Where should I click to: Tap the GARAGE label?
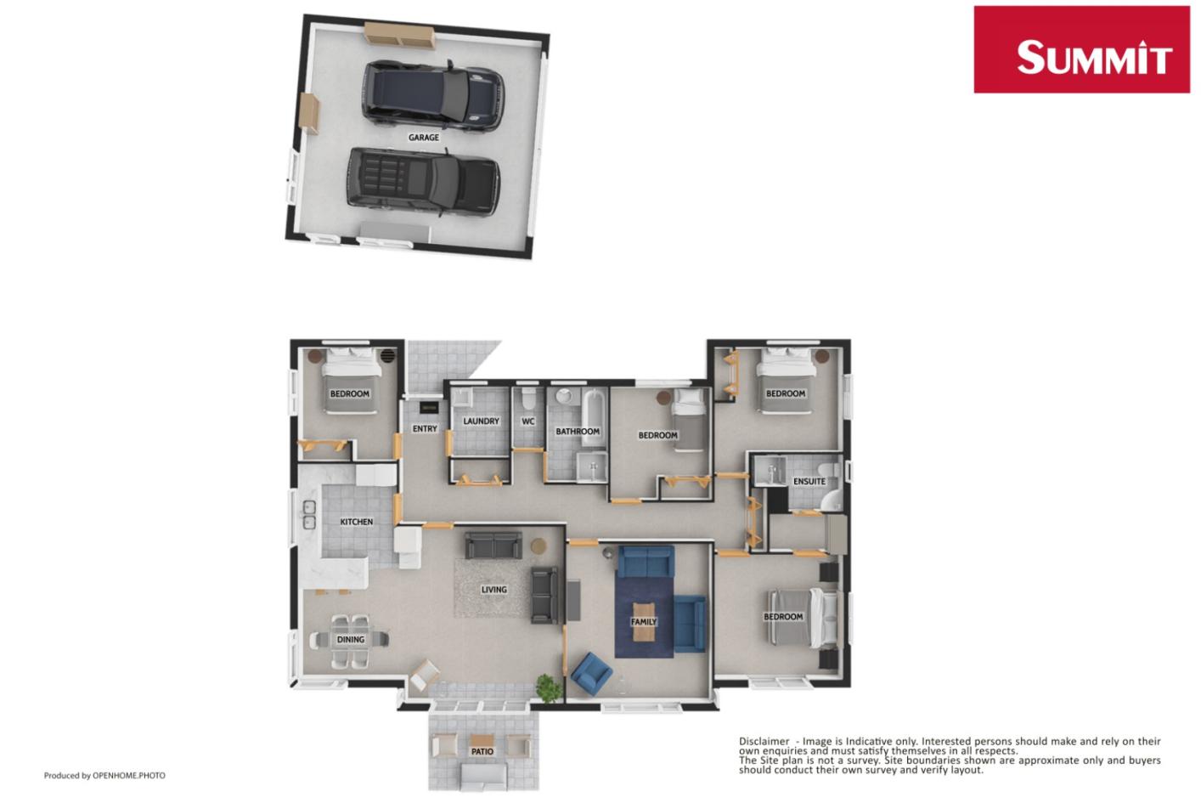tap(424, 138)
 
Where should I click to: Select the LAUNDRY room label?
tap(481, 421)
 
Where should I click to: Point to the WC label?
tap(528, 421)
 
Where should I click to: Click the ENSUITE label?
tap(809, 481)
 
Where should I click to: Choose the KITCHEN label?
tap(356, 522)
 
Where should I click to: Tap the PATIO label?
tap(482, 751)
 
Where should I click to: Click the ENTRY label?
tap(424, 429)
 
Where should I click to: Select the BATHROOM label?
tap(578, 432)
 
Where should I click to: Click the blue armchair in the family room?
tap(591, 672)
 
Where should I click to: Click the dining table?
tap(351, 639)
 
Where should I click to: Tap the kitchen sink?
tap(308, 515)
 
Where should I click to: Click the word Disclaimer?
tap(764, 741)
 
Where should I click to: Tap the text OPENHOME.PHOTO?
tap(129, 775)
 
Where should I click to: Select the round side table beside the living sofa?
tap(538, 545)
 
